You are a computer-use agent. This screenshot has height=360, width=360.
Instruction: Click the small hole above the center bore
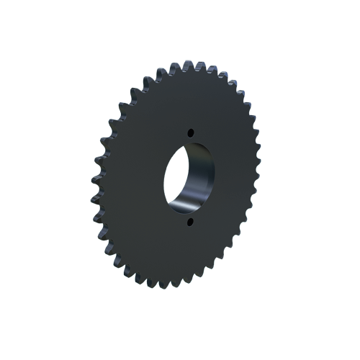pyautogui.click(x=191, y=132)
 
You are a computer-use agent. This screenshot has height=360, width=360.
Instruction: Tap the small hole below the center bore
pyautogui.click(x=192, y=223)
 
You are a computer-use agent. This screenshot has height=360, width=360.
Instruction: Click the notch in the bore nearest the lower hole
pyautogui.click(x=189, y=214)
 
